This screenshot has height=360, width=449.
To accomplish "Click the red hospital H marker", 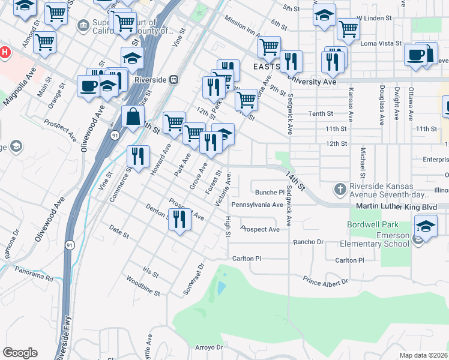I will point(4,52).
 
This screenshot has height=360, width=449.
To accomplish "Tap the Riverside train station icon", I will point(173,79).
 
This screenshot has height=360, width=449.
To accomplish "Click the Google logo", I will point(20,352).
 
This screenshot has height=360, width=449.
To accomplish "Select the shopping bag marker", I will point(132,116).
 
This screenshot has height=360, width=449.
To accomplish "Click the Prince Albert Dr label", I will point(325,281).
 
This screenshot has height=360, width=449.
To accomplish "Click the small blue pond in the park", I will point(220,288).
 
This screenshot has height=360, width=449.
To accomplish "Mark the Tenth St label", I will point(321,113).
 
